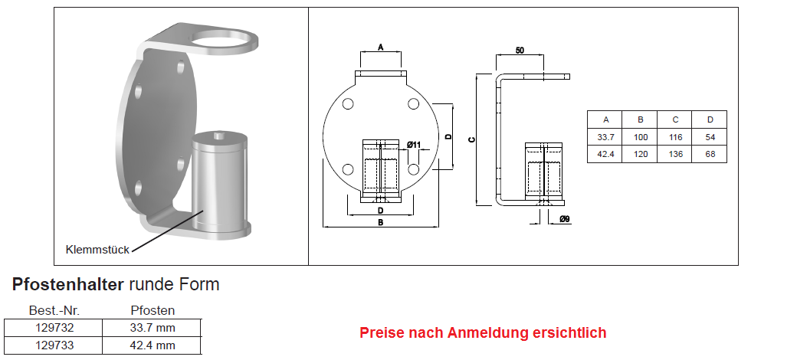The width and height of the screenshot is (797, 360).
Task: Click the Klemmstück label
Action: click(97, 250)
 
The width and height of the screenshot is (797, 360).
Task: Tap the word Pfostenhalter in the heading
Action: click(67, 284)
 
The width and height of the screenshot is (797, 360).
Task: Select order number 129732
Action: click(54, 328)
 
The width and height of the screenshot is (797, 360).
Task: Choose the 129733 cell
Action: click(54, 345)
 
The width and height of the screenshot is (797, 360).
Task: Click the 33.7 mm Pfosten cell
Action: click(153, 328)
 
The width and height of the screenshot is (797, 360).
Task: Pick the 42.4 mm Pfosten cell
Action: click(153, 345)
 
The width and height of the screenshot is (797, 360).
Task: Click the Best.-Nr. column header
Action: click(54, 311)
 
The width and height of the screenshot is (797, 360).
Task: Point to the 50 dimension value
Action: click(520, 51)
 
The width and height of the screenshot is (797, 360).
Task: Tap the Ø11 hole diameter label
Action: click(415, 145)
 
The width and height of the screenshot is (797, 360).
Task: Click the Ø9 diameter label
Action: click(564, 219)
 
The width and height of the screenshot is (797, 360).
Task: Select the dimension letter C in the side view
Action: click(472, 139)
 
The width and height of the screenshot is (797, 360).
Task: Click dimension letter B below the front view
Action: click(380, 222)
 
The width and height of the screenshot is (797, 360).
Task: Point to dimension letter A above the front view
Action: click(381, 47)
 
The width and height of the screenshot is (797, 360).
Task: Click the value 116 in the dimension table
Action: click(675, 138)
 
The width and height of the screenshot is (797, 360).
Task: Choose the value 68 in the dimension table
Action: click(710, 155)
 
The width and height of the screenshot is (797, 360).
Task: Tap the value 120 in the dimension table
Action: click(641, 155)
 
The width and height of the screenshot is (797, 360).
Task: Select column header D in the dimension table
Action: click(710, 119)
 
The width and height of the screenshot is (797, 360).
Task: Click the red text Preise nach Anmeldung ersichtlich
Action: click(483, 333)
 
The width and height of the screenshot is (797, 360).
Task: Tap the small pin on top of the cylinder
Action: click(220, 136)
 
